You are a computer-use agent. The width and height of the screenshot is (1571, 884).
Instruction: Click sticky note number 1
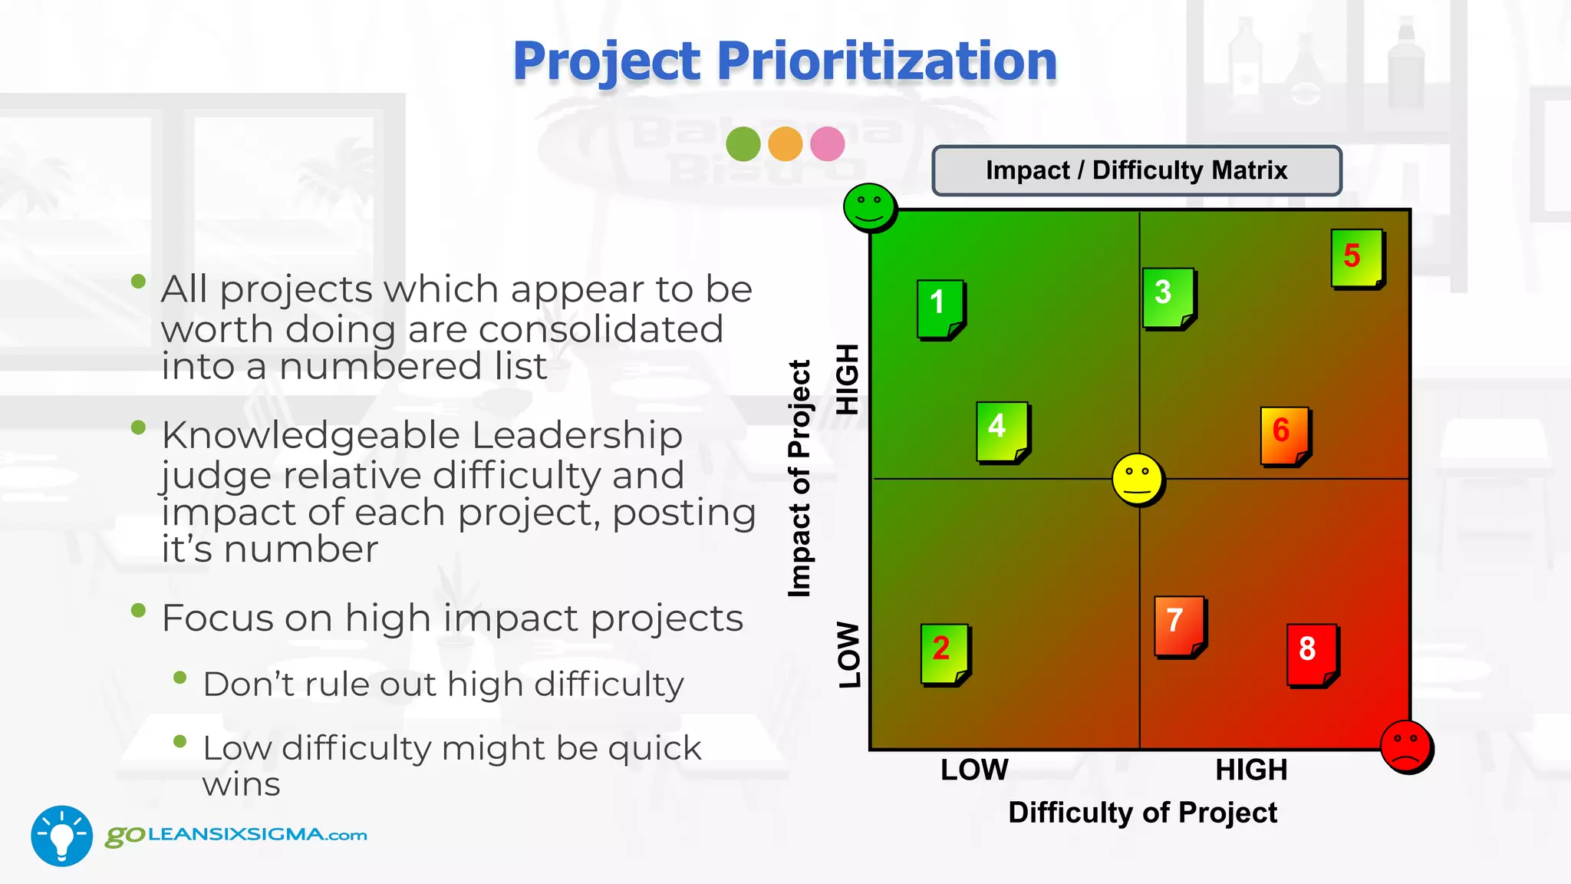940,309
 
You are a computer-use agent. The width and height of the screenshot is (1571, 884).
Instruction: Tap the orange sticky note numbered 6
1285,436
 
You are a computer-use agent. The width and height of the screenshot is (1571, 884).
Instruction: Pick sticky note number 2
944,654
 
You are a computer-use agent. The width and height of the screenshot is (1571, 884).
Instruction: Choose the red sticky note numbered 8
1312,655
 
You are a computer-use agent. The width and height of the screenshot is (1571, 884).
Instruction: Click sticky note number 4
1002,431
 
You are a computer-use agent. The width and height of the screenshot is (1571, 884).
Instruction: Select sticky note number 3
1168,298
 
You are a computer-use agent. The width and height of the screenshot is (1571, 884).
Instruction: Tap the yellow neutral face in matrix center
1138,480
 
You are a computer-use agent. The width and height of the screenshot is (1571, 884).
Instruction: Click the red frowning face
1405,747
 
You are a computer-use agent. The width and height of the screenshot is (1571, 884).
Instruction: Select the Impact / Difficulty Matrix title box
1136,170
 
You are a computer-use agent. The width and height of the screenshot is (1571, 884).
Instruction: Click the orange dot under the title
785,143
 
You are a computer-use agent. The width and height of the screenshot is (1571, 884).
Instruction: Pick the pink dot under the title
827,143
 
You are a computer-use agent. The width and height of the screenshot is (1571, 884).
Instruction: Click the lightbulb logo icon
61,836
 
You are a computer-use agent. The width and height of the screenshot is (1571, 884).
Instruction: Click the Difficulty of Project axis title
1142,812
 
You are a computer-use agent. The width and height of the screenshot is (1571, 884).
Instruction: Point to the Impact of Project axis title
799,478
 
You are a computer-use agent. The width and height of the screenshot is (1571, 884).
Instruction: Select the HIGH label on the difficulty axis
1250,770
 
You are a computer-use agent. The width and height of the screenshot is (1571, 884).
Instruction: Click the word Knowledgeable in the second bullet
310,435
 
